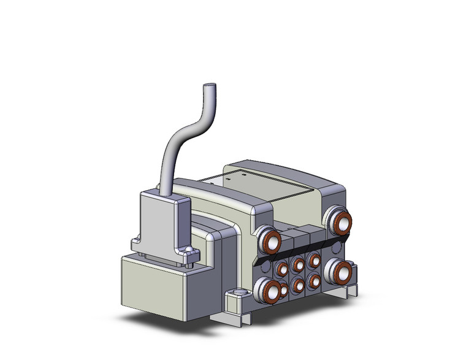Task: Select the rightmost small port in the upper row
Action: click(x=314, y=260)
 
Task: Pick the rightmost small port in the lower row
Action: click(x=314, y=280)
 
